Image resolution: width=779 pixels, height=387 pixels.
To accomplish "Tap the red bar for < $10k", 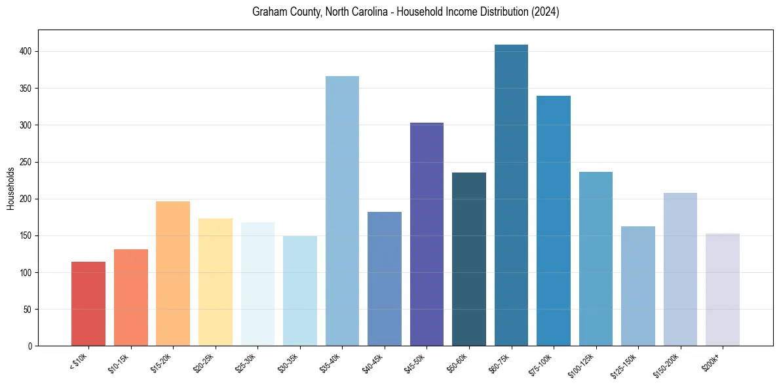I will pos(88,304).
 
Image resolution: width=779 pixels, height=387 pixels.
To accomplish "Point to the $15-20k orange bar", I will pos(173,274).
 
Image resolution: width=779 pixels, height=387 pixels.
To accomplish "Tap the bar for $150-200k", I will pos(680,270).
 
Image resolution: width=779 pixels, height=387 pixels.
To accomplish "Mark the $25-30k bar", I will pos(257,284).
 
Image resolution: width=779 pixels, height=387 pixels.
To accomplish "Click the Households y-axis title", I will pos(10,188).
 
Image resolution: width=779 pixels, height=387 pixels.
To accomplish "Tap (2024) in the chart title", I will pos(546,12).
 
